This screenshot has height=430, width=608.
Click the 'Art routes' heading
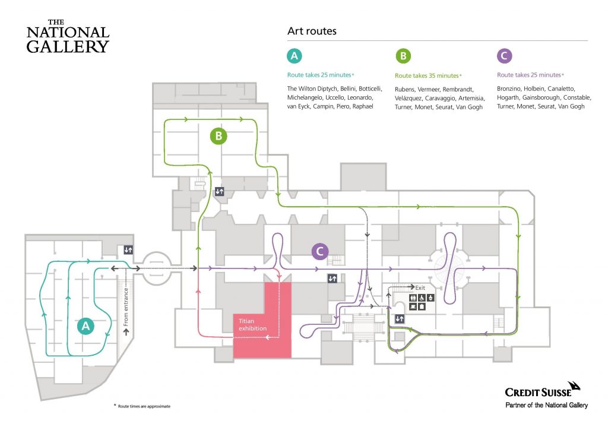(x=312, y=31)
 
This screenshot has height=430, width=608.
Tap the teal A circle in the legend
(x=294, y=56)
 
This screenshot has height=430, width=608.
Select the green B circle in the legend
(x=403, y=56)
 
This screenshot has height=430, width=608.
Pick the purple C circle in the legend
(x=505, y=56)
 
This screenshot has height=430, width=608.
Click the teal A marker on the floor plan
(x=85, y=325)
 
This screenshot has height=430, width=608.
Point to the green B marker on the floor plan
(x=218, y=135)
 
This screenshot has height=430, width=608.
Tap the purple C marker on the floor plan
(x=320, y=251)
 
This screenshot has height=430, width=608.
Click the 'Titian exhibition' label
(x=252, y=324)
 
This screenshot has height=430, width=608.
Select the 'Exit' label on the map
(x=420, y=287)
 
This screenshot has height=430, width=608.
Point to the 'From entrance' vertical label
(x=126, y=307)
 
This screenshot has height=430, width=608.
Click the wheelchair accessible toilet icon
(x=422, y=298)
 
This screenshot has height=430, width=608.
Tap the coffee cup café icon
(x=413, y=306)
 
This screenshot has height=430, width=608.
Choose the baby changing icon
(x=430, y=298)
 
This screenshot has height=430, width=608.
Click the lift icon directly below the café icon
(x=400, y=319)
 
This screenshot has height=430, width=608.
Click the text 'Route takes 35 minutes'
(x=426, y=75)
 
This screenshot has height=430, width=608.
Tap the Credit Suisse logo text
(x=538, y=393)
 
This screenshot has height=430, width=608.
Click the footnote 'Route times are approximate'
(x=144, y=406)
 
